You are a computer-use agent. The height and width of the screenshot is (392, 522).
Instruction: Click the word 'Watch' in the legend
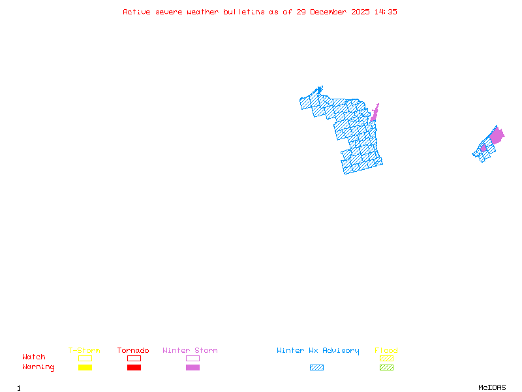coord(34,357)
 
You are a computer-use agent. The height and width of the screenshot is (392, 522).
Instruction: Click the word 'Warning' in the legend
coord(38,367)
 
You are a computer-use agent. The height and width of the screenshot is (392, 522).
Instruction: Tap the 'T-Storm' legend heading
coord(84,351)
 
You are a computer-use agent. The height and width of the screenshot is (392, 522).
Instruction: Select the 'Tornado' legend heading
coord(133,351)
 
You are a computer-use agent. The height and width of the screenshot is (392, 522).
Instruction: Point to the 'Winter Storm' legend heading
coord(190,351)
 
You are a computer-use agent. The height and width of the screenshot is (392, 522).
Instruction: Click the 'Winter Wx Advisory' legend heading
coord(318,351)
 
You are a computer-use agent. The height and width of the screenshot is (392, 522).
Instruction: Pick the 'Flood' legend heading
coord(386,351)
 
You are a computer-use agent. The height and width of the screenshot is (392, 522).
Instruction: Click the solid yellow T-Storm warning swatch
coord(85,368)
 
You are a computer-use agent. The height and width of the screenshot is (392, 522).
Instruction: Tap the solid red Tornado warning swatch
coord(134,368)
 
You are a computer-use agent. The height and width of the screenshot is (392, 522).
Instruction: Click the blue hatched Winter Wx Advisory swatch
coord(316,368)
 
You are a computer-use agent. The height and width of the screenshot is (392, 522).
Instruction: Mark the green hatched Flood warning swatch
coord(386,368)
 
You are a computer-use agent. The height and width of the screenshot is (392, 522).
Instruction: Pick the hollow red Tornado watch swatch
coord(134,358)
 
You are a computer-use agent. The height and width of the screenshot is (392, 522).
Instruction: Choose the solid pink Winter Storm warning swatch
coord(192,368)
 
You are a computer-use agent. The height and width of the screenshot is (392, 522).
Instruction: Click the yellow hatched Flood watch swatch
coord(386,358)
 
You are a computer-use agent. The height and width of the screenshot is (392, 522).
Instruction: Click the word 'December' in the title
coord(330,12)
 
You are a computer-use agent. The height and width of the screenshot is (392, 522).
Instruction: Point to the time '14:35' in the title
coord(384,12)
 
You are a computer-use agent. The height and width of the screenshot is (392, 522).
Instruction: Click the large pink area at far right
coord(497,137)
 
